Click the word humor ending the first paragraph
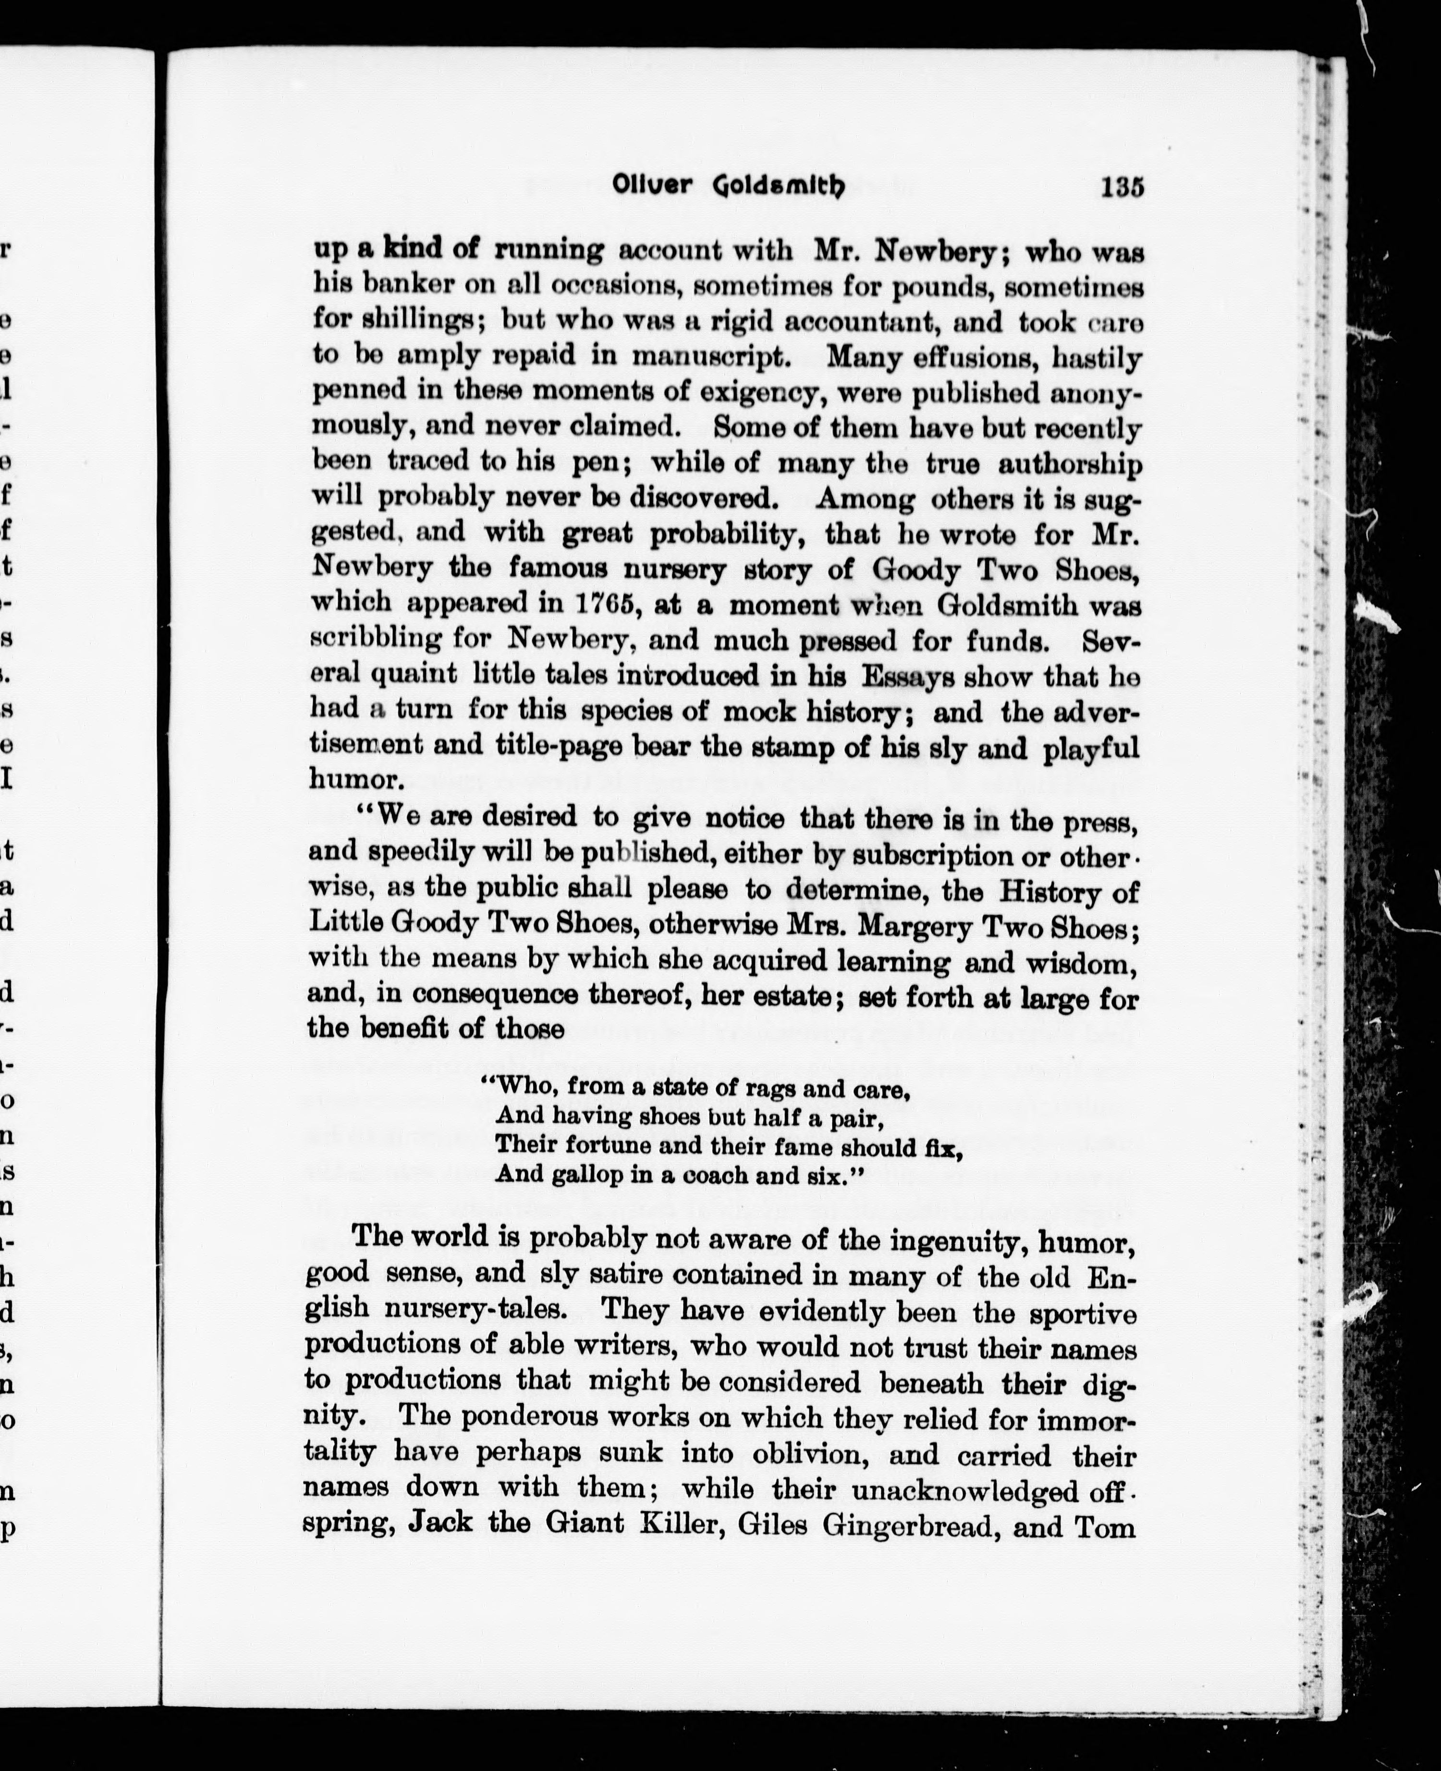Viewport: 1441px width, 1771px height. click(354, 780)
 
